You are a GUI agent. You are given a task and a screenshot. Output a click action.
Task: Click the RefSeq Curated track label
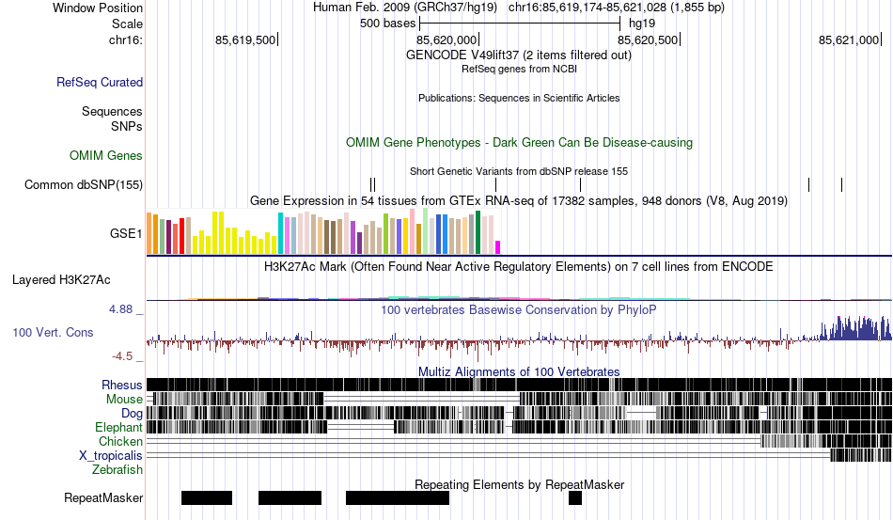click(100, 83)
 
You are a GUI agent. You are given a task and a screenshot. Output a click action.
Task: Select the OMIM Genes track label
click(106, 155)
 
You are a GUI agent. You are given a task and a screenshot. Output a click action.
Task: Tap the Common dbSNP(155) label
click(84, 185)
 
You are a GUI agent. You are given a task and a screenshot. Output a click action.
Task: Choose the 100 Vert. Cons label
click(53, 333)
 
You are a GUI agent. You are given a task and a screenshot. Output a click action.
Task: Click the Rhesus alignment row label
click(122, 385)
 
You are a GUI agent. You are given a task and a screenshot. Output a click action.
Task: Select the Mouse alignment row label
click(124, 399)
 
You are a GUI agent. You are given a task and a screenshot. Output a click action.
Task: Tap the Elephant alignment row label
click(118, 427)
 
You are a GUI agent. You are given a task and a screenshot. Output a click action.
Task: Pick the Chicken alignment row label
click(120, 441)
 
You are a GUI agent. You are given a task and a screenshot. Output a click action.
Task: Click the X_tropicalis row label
click(111, 455)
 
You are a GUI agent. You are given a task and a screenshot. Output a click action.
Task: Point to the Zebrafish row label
click(117, 469)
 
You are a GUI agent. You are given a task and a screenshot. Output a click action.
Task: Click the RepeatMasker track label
click(103, 497)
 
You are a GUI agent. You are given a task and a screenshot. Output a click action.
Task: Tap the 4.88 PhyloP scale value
click(125, 308)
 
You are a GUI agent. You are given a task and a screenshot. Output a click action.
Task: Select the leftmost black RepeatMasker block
click(206, 497)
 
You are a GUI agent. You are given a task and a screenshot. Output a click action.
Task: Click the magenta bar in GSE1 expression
click(498, 247)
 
